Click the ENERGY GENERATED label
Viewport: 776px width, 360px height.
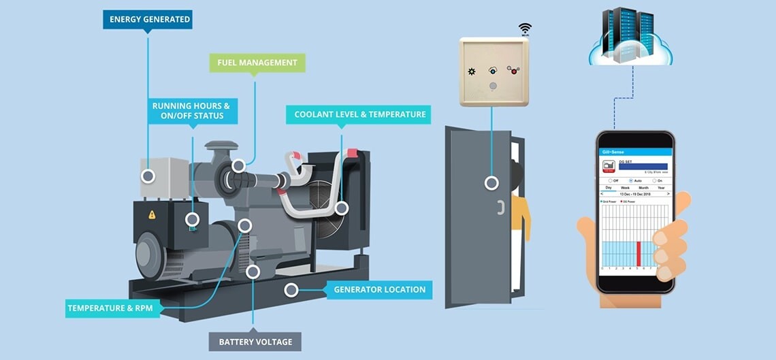tap(148, 19)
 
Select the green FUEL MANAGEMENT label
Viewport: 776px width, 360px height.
tap(257, 63)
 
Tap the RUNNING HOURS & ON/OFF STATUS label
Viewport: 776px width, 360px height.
tap(191, 111)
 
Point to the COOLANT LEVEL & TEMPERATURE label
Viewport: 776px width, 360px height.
tap(359, 114)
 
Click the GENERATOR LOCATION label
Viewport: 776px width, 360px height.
tap(379, 290)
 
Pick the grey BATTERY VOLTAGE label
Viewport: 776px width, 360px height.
tap(255, 342)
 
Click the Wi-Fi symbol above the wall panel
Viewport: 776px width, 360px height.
tap(524, 29)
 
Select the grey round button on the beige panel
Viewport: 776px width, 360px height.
tap(494, 86)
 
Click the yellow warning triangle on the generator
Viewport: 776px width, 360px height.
tap(152, 214)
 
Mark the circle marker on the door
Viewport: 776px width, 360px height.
tap(491, 183)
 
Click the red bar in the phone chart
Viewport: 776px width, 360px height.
tap(638, 253)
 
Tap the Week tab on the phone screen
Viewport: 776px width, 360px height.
tap(625, 188)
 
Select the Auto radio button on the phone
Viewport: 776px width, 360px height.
tap(631, 180)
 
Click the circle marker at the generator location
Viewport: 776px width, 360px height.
tap(291, 290)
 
